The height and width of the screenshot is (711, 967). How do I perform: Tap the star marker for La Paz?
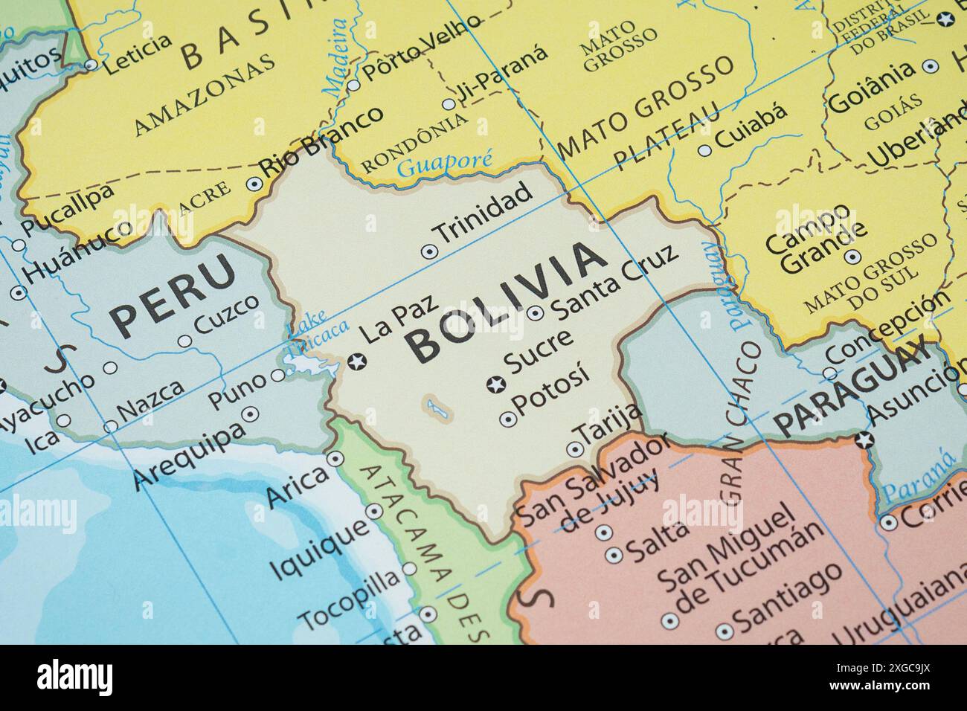pyautogui.click(x=356, y=362)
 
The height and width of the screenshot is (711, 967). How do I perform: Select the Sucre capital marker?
pyautogui.click(x=494, y=385)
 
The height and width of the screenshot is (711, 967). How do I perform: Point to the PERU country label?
pyautogui.click(x=173, y=295)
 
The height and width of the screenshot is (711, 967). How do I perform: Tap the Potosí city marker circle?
pyautogui.click(x=508, y=419)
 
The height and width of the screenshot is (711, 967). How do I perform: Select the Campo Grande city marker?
pyautogui.click(x=853, y=257)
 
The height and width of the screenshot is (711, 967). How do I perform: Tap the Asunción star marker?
pyautogui.click(x=863, y=440)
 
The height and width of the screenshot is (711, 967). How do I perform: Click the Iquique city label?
pyautogui.click(x=318, y=548)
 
